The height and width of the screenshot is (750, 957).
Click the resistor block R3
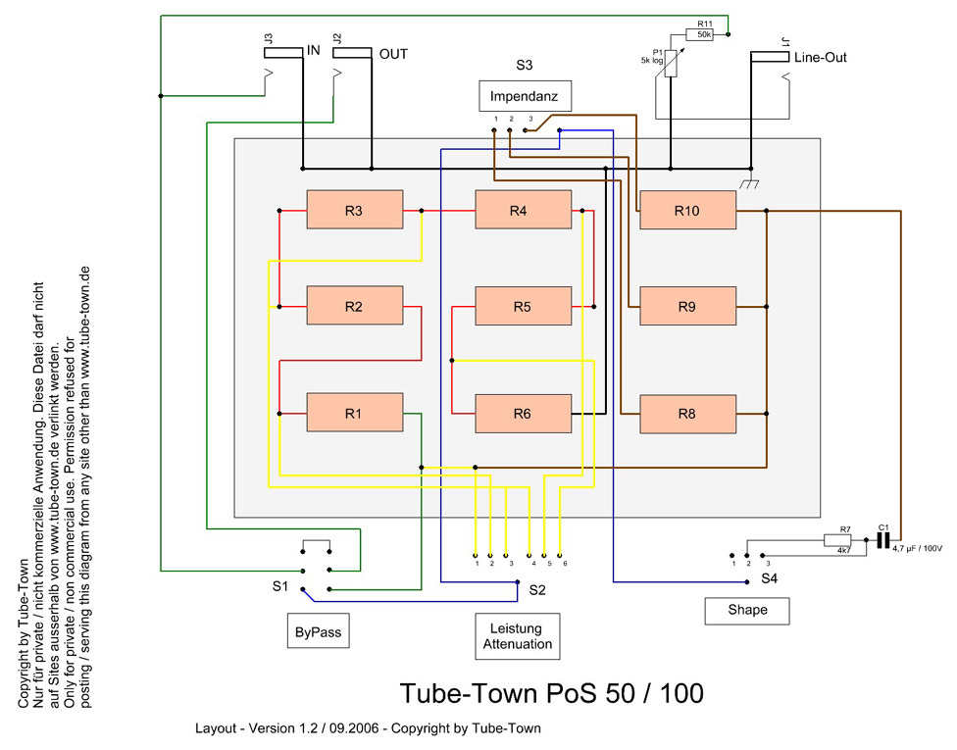click(354, 210)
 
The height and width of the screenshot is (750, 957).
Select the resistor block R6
click(522, 415)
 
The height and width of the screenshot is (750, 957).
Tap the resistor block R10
click(686, 210)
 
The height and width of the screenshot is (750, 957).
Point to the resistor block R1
click(354, 414)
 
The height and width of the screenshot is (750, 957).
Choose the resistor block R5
click(522, 307)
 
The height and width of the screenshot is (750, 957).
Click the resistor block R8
click(686, 414)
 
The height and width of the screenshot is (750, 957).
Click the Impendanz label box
click(525, 96)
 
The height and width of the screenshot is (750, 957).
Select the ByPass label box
click(319, 632)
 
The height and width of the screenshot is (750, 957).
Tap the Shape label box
click(748, 610)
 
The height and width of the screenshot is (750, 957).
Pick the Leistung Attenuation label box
click(518, 636)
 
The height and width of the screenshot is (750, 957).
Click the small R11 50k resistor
click(704, 34)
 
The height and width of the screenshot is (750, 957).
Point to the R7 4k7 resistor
click(838, 539)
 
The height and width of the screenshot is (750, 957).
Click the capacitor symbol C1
click(883, 539)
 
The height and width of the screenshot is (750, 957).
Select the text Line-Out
click(821, 58)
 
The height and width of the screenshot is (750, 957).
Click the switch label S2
click(536, 590)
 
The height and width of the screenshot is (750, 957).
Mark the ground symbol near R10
click(751, 183)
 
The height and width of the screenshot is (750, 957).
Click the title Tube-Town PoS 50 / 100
click(551, 693)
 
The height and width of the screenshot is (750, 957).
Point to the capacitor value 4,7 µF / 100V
click(917, 548)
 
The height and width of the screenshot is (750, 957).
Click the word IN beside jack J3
click(314, 51)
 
